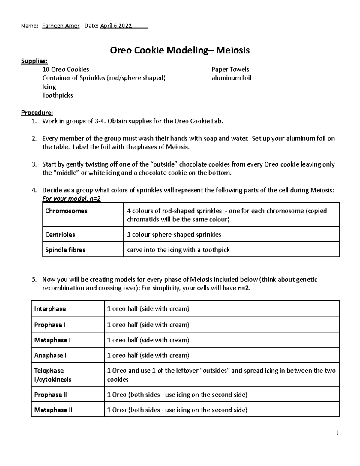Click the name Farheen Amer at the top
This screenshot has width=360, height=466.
(61, 26)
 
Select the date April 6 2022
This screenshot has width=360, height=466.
(116, 26)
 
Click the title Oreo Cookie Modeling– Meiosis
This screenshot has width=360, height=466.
(180, 50)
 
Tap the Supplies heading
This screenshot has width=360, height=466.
(34, 61)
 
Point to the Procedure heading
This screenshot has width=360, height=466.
(37, 113)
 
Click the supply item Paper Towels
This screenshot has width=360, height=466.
(230, 70)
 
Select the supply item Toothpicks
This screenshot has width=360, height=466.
(58, 95)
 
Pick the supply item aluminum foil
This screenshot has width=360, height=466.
(231, 78)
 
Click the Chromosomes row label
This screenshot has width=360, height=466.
(66, 211)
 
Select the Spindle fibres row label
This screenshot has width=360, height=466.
(65, 250)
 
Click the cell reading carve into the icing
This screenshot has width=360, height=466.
(178, 250)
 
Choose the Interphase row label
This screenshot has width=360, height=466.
(50, 309)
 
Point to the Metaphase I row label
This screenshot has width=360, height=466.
(52, 340)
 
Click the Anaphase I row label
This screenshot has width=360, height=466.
(50, 355)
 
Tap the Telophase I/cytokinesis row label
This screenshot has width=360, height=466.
(53, 375)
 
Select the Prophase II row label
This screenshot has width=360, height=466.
(50, 395)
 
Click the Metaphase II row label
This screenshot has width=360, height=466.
(53, 410)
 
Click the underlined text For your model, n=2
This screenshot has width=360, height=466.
(71, 199)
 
